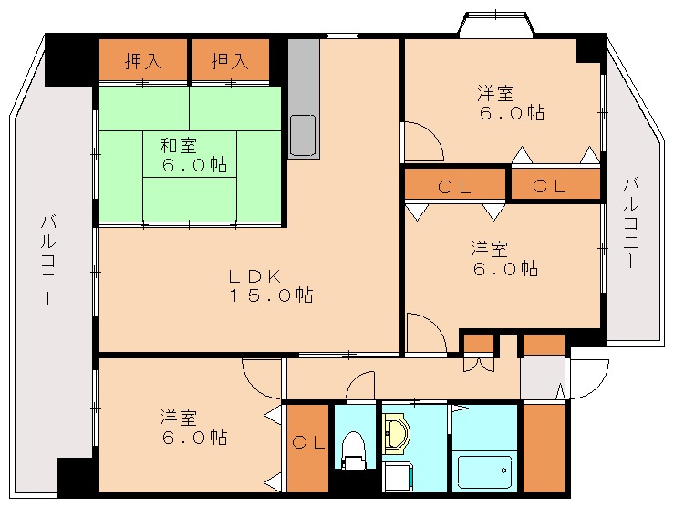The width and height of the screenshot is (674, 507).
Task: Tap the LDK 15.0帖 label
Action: click(x=270, y=285)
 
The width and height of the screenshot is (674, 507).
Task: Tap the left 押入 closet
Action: click(x=142, y=62)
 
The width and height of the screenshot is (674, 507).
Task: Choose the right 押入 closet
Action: click(x=229, y=62)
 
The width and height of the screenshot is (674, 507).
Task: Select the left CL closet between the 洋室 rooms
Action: click(x=453, y=187)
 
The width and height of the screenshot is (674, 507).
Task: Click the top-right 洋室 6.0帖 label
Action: click(x=512, y=102)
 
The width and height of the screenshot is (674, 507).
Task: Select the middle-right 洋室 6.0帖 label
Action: click(x=503, y=258)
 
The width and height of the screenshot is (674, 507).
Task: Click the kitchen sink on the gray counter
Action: click(x=303, y=135)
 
